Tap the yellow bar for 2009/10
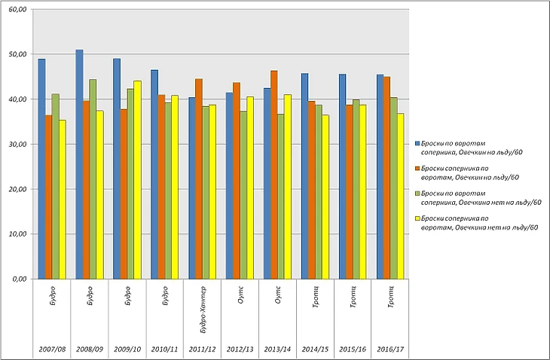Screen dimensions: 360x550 [137, 180]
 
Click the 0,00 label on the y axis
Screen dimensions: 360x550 [20, 279]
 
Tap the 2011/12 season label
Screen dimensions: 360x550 [202, 349]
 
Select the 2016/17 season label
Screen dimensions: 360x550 [390, 349]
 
